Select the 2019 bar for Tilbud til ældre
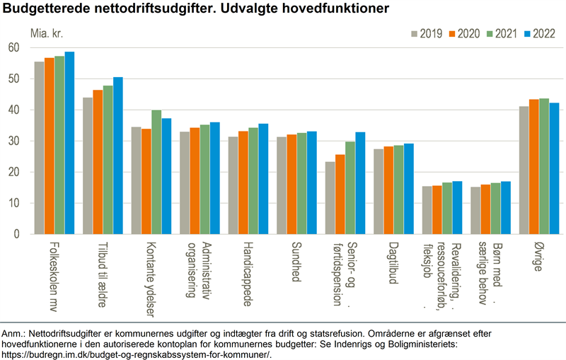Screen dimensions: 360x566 (x=88, y=166)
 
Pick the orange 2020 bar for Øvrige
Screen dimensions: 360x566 (x=533, y=167)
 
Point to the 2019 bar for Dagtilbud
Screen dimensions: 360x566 (x=379, y=192)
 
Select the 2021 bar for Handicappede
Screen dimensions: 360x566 (x=253, y=181)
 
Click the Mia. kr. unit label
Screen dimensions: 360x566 (x=47, y=33)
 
